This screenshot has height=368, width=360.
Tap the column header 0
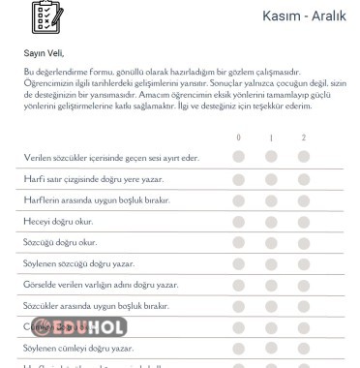(239, 138)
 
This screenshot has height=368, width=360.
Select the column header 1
(272, 138)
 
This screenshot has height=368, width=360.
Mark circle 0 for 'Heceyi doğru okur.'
(239, 221)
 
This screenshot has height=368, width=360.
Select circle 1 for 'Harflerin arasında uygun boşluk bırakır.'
(272, 199)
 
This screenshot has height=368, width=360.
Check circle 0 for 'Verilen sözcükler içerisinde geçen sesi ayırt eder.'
(239, 157)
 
